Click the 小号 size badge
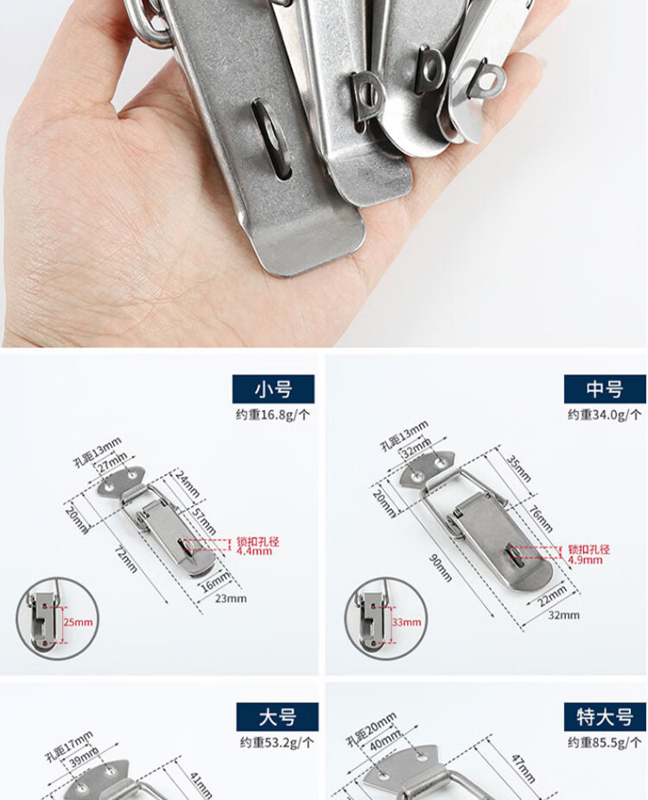(x=273, y=390)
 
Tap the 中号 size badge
(x=605, y=390)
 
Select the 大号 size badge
(x=277, y=717)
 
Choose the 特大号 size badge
(x=605, y=717)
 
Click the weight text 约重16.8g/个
(x=272, y=415)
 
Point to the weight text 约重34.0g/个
(x=605, y=415)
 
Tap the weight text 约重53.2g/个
(x=277, y=742)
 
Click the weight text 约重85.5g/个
(x=605, y=742)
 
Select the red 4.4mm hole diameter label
(x=254, y=551)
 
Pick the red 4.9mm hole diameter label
(x=585, y=560)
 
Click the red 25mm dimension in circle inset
(x=78, y=622)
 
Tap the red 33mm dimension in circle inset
(x=407, y=622)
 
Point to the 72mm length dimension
(x=125, y=559)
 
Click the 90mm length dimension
(x=441, y=568)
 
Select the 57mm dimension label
(x=204, y=520)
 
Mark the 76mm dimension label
(x=540, y=519)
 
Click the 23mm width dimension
(x=231, y=599)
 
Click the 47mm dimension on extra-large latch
(x=523, y=769)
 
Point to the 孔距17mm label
(x=69, y=746)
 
